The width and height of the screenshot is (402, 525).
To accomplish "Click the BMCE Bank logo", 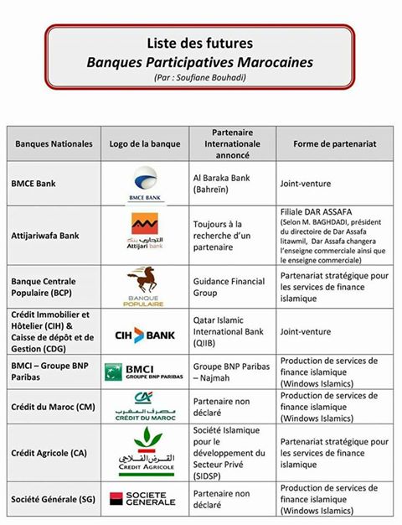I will [x=145, y=181].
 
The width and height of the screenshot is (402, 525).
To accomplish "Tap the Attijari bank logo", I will [x=145, y=231].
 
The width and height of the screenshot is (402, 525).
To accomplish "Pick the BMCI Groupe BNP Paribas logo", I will [x=144, y=372].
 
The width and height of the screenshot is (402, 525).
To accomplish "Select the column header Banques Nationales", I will [x=54, y=143].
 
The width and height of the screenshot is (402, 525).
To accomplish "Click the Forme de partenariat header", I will [x=334, y=143].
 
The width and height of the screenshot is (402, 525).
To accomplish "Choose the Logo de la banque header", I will [x=144, y=143].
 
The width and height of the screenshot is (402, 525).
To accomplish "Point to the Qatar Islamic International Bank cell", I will [x=230, y=335].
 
